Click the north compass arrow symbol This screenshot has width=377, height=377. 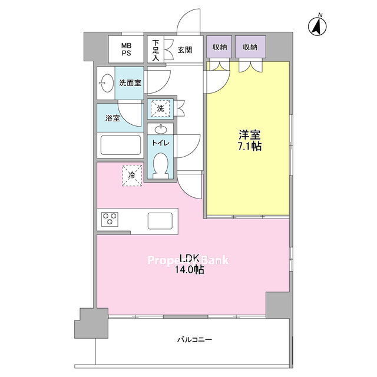point(318,26)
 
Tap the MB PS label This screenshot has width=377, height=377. point(126,49)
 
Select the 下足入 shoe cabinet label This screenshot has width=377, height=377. point(156,50)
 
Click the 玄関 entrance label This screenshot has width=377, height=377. point(184,50)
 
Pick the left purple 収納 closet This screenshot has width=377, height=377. point(219,47)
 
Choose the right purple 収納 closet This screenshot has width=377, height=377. point(250,47)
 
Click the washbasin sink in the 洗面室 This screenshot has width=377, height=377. point(107,83)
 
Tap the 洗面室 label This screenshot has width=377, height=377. point(130,83)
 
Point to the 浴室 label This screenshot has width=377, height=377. point(113,118)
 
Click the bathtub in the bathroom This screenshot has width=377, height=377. point(120,145)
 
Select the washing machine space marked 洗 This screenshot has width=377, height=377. point(160,108)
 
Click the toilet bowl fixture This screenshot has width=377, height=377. point(160,165)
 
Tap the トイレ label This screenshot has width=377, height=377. point(160,143)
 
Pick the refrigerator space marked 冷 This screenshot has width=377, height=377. point(132,176)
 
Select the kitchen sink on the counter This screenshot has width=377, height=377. point(160,221)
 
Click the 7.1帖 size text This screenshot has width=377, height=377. point(250,146)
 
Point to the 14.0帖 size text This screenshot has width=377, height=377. point(190,270)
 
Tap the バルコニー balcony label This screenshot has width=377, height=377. point(195,340)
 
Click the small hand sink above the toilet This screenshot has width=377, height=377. point(160,130)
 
